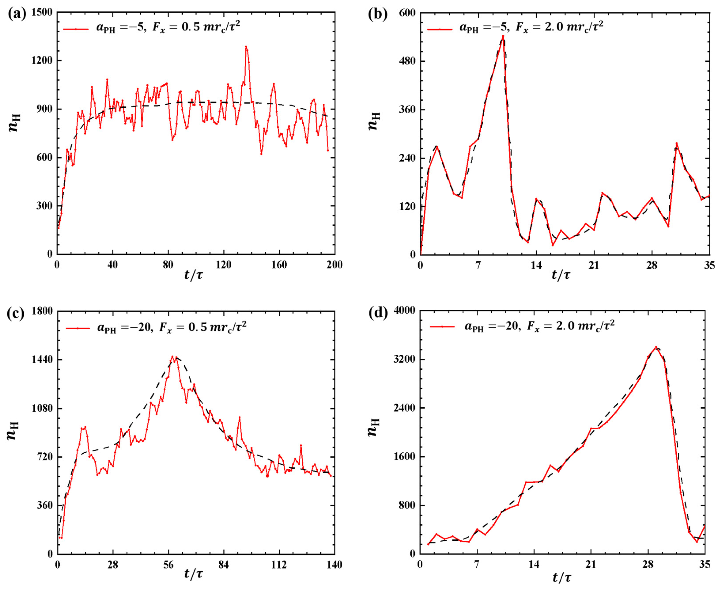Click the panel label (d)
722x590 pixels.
coord(378,313)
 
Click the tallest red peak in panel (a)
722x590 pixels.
coord(246,47)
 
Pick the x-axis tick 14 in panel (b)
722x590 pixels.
coord(536,265)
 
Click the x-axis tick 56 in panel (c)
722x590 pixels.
coord(168,565)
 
